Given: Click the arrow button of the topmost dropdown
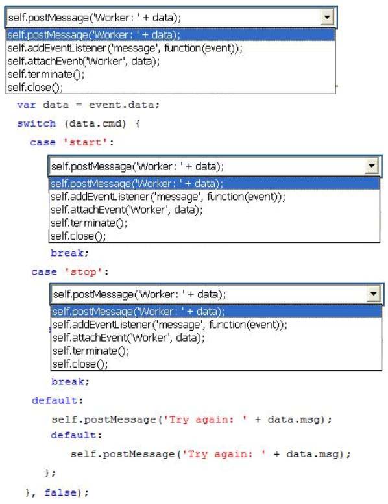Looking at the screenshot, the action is (326, 17).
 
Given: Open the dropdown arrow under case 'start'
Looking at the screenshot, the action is (372, 166).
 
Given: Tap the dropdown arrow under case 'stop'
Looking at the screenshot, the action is (374, 294).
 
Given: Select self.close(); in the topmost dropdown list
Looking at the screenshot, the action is (35, 88).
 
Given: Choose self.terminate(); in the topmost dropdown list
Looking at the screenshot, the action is (46, 74).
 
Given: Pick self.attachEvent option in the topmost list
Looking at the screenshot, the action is (84, 61).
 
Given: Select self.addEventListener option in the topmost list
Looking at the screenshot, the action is (125, 48).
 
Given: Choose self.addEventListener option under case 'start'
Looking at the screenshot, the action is (167, 197).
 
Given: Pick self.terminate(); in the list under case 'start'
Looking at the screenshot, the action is (89, 223).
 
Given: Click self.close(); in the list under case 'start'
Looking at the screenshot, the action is (78, 236).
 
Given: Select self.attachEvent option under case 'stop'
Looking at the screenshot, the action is (128, 338).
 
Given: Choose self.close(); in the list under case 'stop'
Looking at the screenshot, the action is (80, 364).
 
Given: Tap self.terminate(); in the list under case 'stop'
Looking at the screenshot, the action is (91, 351).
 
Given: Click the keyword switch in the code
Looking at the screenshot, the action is (36, 124).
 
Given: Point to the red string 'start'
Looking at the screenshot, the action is (85, 142).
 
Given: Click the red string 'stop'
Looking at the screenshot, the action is (84, 272).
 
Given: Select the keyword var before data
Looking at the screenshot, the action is (27, 105).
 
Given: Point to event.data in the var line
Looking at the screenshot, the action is (122, 105).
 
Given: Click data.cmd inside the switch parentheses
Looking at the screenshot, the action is (96, 124).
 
